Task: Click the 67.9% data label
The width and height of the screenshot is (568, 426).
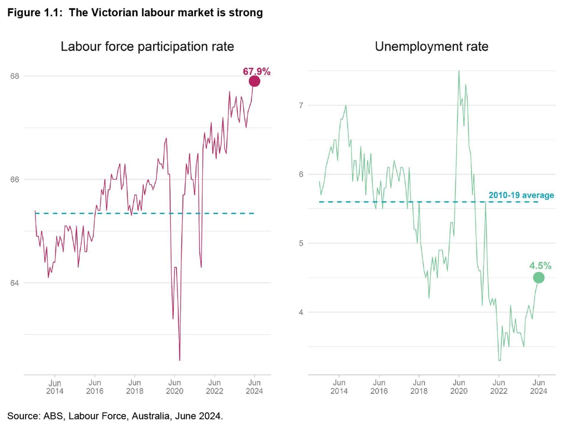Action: click(x=256, y=71)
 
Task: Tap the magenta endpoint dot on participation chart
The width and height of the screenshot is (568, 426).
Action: click(x=254, y=81)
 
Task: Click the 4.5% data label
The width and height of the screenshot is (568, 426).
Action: click(x=540, y=266)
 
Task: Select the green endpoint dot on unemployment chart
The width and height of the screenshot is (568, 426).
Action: click(x=538, y=278)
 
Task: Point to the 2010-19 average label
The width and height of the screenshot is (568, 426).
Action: click(x=521, y=195)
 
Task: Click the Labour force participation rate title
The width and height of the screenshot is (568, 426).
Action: click(x=147, y=47)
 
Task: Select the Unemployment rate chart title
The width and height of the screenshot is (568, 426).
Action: click(x=431, y=47)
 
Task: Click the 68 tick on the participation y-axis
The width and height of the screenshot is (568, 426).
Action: click(x=14, y=76)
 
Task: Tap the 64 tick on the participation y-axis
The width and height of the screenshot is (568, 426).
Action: click(x=14, y=283)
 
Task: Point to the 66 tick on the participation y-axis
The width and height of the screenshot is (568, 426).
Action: click(x=14, y=180)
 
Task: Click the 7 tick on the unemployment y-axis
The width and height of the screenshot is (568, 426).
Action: click(x=301, y=105)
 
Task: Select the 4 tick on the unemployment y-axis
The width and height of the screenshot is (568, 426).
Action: click(x=301, y=312)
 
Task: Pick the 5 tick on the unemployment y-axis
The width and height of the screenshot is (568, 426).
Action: click(x=301, y=243)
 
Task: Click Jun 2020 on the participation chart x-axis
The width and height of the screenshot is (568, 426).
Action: click(x=174, y=387)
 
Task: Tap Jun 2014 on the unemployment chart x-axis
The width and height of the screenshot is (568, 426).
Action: click(x=339, y=387)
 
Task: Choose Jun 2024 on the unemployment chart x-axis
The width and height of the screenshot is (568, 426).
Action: click(x=538, y=387)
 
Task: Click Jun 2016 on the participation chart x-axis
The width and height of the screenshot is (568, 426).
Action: click(x=95, y=387)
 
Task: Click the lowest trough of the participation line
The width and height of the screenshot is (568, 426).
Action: click(x=180, y=360)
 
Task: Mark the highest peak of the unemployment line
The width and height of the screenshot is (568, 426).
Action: click(x=459, y=71)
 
